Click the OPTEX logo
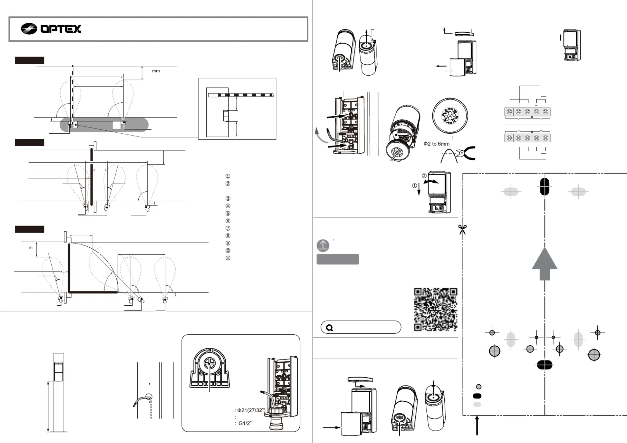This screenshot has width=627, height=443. click(51, 28)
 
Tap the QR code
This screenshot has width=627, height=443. click(435, 309)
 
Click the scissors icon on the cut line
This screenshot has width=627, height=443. click(462, 230)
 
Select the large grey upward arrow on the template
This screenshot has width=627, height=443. click(545, 264)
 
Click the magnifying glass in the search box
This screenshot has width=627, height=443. click(330, 328)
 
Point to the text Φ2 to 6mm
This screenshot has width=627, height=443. click(437, 144)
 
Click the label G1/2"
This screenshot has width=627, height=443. click(245, 423)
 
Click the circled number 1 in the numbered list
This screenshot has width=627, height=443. click(228, 176)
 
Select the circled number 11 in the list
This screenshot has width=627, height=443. click(228, 258)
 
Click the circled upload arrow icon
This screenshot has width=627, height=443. click(323, 245)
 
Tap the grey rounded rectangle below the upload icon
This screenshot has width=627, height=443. click(338, 259)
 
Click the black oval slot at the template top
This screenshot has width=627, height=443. click(545, 186)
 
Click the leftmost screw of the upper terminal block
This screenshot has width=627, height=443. click(509, 112)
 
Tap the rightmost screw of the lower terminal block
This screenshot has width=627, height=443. click(545, 138)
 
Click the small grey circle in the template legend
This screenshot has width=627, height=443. click(479, 387)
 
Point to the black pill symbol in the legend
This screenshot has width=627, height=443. click(477, 396)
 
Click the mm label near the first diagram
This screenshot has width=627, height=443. click(156, 71)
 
